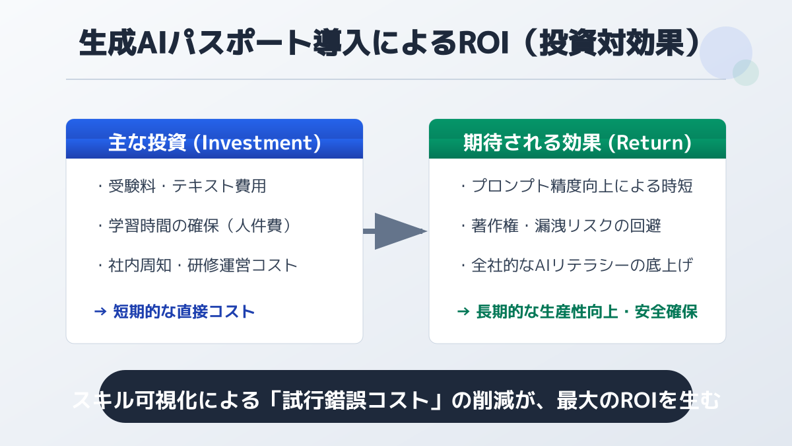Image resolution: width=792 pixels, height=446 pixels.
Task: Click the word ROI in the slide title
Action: pos(484,43)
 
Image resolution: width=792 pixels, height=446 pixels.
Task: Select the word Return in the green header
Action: pos(649,143)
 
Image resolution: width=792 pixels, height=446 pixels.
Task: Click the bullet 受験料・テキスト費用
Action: pos(187,186)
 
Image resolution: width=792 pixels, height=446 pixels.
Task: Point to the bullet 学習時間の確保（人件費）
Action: pos(201,226)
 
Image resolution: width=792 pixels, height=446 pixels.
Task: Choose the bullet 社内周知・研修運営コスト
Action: pos(203,266)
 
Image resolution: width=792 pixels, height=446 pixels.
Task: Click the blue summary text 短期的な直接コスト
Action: pos(184,311)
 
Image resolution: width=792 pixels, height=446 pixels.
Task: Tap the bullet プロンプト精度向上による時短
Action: pos(582,186)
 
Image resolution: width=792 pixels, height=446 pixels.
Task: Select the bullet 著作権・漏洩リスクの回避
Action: pos(566,226)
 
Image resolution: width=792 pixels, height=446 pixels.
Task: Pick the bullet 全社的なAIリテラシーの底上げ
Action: pos(582,266)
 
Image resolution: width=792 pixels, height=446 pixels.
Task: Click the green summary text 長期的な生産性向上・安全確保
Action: pos(587,311)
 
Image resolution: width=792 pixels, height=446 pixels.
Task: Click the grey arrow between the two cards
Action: pos(395,231)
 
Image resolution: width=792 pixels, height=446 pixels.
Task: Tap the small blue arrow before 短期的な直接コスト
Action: pos(100,311)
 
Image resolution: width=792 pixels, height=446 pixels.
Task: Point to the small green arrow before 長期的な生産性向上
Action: pos(463,311)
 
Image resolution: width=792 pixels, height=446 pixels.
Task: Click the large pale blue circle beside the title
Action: pos(726,53)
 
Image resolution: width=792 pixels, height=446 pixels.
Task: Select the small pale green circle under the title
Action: pos(746,73)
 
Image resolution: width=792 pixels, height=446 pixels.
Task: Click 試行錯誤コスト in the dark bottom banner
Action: pos(356,400)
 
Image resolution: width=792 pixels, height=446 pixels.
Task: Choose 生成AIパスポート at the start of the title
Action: pos(195,43)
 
